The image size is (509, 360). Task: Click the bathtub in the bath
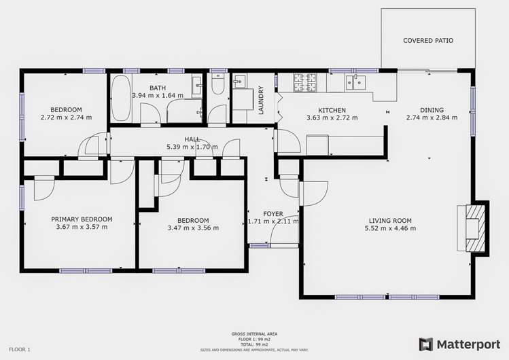pos(121,98)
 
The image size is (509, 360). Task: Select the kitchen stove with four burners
pos(306,82)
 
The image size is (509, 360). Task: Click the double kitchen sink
pos(355,82)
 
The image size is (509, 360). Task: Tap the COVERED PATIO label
pos(428,41)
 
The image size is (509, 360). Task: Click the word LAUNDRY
pos(261,99)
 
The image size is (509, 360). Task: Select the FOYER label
pos(273,214)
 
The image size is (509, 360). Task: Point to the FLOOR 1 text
pos(20,349)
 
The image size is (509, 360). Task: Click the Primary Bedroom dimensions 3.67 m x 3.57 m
pos(82,227)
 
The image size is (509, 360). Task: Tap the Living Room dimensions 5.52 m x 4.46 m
pos(390,228)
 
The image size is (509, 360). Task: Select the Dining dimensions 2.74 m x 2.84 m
pos(432,118)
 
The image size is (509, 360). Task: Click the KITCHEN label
pos(332,110)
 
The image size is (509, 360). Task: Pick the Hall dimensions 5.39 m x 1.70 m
pos(192,147)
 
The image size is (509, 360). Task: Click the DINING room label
pos(432,110)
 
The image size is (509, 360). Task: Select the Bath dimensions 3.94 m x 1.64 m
pos(158,96)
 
